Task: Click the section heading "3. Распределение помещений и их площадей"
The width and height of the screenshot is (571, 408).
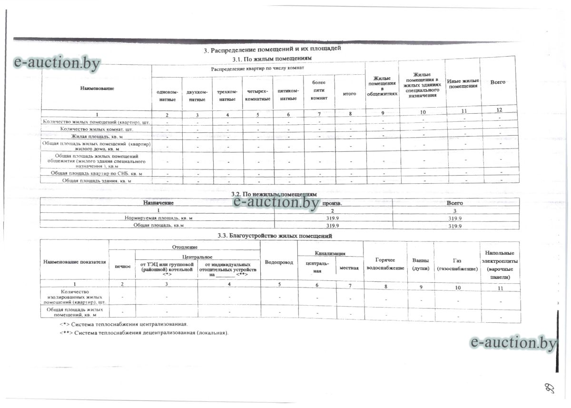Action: coord(273,50)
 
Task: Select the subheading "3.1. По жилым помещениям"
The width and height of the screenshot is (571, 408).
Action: coord(272,59)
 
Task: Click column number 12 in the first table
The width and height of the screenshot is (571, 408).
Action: coord(499,110)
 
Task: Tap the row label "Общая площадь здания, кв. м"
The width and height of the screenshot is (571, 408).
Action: coord(97,181)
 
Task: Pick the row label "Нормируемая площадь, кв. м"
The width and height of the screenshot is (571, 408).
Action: coord(158,218)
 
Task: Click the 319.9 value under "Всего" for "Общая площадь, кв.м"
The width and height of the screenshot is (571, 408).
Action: coord(455,226)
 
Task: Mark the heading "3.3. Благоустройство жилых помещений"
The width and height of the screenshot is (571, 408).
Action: coord(272,236)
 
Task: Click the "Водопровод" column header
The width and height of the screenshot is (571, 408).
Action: coord(279,262)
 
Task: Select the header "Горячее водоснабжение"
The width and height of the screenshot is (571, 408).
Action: coord(385,264)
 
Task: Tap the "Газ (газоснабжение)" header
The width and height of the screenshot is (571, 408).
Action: coord(457,265)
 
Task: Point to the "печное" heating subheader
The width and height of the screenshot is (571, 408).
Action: coord(122,266)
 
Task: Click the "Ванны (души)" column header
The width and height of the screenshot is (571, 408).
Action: coord(420,264)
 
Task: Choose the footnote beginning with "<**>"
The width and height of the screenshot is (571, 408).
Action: coord(144,332)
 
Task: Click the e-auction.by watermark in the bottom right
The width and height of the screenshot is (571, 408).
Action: coord(513,342)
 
